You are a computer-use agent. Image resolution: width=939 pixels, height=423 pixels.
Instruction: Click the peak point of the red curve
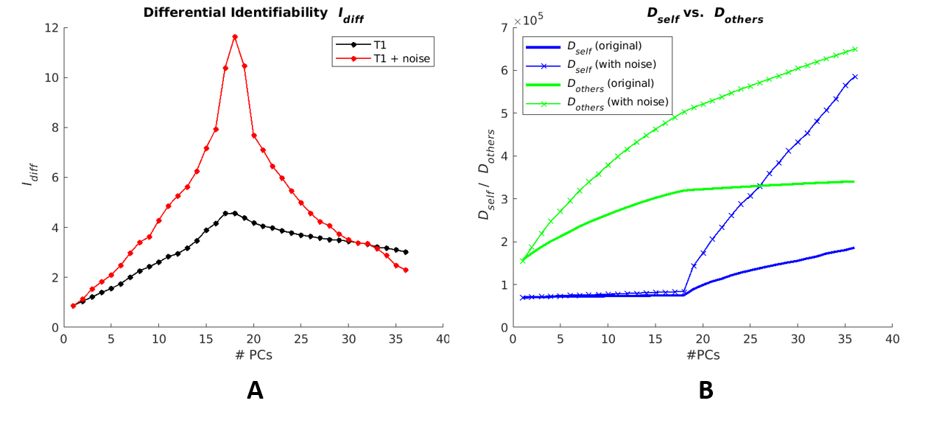[235, 36]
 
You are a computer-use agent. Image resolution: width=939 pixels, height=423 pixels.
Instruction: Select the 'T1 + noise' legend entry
[401, 58]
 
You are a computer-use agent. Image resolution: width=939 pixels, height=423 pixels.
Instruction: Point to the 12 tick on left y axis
[52, 28]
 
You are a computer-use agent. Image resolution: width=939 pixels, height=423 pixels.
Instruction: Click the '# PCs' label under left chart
[253, 354]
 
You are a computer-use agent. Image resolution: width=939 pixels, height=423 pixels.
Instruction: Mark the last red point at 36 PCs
[406, 270]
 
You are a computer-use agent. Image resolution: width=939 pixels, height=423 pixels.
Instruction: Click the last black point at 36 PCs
[406, 252]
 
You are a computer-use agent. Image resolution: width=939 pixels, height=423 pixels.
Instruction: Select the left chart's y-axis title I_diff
[29, 178]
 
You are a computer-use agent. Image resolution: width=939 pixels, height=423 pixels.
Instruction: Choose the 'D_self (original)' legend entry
[604, 46]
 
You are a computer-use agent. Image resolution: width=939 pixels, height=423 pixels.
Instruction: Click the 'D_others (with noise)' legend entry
[617, 102]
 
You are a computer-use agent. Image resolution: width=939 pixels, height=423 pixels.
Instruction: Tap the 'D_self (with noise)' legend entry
[611, 65]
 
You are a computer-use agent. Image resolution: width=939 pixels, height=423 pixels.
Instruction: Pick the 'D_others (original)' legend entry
[610, 84]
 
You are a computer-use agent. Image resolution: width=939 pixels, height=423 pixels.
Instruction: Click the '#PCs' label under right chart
[703, 354]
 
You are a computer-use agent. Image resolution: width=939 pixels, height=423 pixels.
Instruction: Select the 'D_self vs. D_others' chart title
[704, 13]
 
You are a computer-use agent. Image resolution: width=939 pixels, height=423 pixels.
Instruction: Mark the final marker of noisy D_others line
[854, 49]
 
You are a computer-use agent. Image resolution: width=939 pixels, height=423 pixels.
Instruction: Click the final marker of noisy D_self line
[854, 77]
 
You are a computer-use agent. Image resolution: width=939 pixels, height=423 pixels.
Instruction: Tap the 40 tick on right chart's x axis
[892, 339]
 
